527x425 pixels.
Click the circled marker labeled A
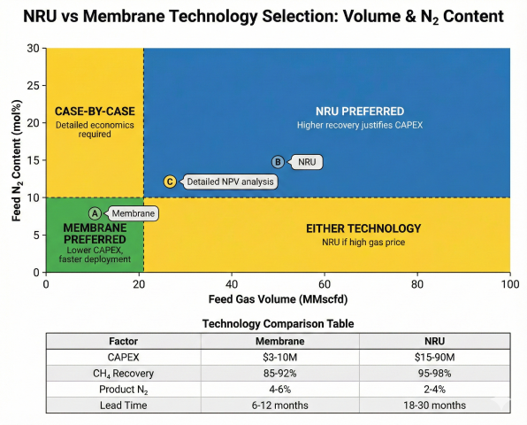[x=95, y=213]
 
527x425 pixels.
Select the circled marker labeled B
[x=278, y=162]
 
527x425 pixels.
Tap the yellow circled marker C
[x=171, y=182]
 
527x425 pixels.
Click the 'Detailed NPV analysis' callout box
[x=230, y=182]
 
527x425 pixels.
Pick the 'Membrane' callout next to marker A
[x=133, y=213]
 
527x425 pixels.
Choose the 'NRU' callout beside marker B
[x=307, y=162]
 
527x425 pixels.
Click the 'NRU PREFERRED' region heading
[x=360, y=112]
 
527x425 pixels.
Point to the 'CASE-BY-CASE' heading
[x=94, y=112]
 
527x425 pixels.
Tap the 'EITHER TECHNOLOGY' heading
[x=363, y=228]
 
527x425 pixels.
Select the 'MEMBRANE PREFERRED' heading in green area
[x=94, y=234]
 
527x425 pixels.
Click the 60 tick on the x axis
[x=325, y=284]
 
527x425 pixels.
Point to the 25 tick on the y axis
[x=33, y=85]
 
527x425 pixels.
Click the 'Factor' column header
[x=122, y=339]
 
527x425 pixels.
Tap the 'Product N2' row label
[x=122, y=390]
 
